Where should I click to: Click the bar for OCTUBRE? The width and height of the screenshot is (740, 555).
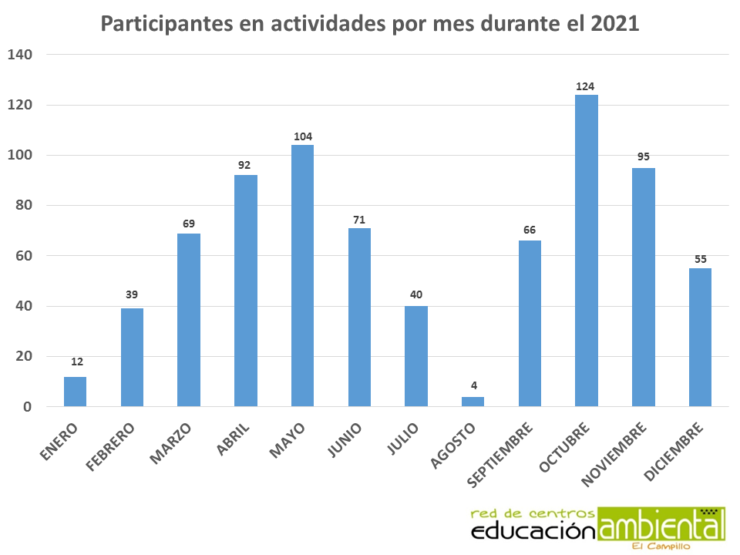click(587, 251)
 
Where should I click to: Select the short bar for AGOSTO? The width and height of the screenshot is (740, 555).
click(473, 402)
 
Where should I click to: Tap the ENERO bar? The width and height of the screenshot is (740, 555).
click(75, 392)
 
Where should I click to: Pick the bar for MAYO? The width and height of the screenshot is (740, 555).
click(302, 275)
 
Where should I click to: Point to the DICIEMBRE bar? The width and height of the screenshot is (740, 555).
click(700, 337)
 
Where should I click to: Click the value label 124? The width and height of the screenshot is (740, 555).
click(586, 86)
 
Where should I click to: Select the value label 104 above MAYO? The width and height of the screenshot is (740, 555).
click(302, 137)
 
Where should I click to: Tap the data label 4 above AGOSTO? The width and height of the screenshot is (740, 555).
click(473, 385)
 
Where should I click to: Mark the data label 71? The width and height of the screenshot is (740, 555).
click(359, 220)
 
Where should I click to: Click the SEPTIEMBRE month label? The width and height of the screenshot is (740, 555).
click(500, 455)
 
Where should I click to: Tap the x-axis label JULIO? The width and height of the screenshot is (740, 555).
click(404, 439)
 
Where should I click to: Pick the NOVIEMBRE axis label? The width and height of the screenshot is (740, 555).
click(614, 454)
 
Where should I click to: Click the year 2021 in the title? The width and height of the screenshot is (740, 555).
click(615, 24)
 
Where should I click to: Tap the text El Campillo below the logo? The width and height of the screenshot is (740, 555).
click(661, 547)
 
